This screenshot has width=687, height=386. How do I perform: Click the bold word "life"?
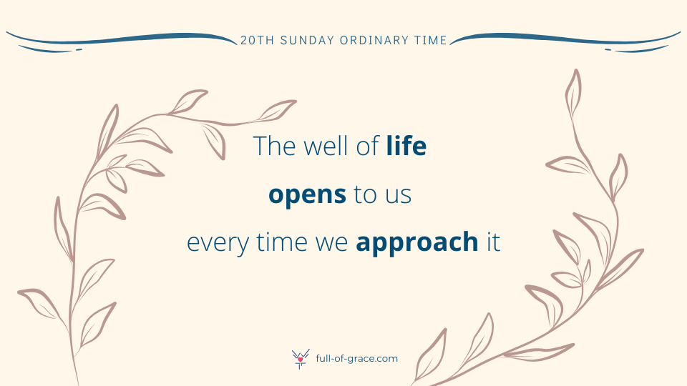pos(406,146)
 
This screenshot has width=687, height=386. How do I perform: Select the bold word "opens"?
pos(307,195)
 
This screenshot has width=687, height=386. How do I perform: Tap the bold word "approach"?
pos(416,242)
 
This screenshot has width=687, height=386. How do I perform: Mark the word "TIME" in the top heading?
pos(430,40)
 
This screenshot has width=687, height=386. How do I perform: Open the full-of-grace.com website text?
pos(356,358)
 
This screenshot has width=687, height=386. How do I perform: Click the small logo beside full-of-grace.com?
pos(301,359)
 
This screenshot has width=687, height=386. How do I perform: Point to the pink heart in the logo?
pos(300,360)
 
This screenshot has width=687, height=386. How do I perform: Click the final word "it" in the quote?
pos(493,242)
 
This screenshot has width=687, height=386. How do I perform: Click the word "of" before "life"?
pos(367,146)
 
